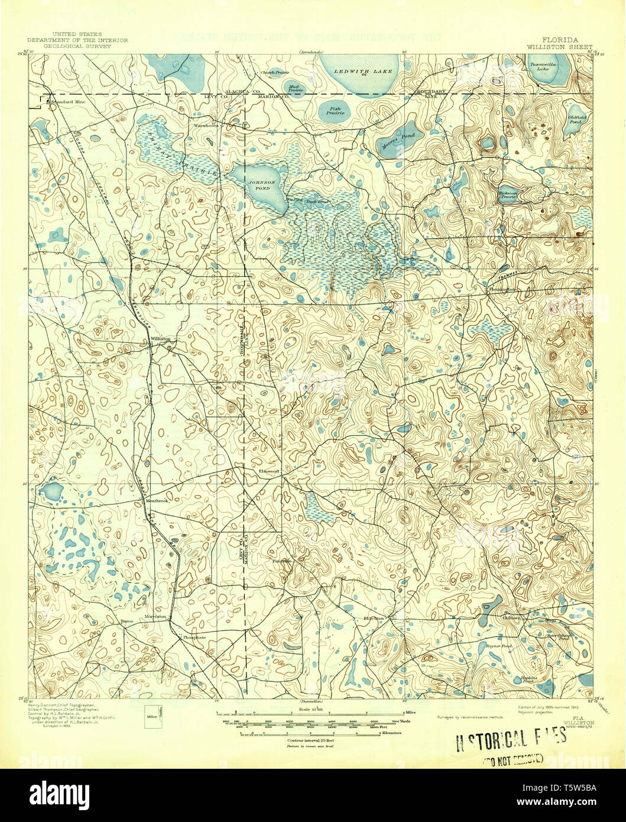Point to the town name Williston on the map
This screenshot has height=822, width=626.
[x=161, y=338]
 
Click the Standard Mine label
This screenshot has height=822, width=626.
[x=67, y=102]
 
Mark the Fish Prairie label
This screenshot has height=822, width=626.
[x=335, y=109]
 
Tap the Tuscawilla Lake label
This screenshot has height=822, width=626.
[x=542, y=66]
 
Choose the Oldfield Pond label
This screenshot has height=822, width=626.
[x=576, y=120]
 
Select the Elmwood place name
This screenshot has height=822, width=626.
[x=268, y=471]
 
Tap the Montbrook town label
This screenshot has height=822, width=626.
[x=157, y=501]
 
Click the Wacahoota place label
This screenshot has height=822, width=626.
[x=206, y=125]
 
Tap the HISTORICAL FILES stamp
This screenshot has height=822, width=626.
[x=506, y=739]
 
